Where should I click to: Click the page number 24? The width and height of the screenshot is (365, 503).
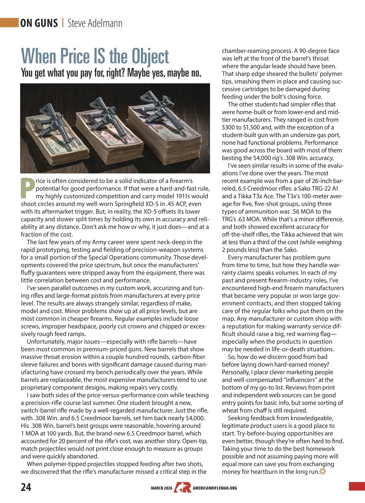tap(26, 487)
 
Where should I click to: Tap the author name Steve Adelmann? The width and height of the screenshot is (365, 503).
tap(95, 23)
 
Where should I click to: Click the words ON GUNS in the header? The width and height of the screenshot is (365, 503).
tap(39, 23)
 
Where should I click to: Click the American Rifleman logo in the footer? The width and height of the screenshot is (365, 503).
tap(182, 487)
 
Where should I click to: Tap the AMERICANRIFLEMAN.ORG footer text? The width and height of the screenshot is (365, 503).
tap(215, 488)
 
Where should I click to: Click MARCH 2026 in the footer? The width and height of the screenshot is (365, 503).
tap(162, 488)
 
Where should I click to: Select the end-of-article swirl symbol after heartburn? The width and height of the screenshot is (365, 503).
tap(323, 472)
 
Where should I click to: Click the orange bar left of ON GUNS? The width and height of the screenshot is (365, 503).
tap(9, 23)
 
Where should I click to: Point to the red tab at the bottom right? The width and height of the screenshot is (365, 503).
tap(357, 486)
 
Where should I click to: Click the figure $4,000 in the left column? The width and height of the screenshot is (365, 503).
tap(195, 418)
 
